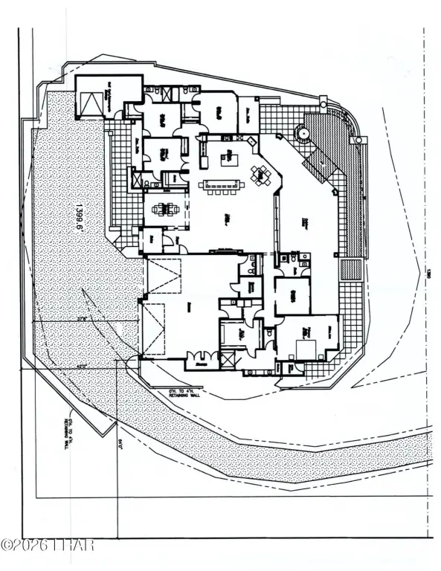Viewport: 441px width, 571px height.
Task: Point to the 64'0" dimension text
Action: pyautogui.click(x=119, y=445)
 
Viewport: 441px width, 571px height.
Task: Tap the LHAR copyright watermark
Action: pyautogui.click(x=48, y=545)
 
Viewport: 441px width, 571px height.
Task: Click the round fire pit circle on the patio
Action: pyautogui.click(x=303, y=135)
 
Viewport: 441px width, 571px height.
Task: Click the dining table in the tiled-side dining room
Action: pyautogui.click(x=164, y=208)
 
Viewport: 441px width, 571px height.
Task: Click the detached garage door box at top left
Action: pyautogui.click(x=89, y=103)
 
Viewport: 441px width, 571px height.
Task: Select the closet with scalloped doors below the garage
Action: pyautogui.click(x=199, y=361)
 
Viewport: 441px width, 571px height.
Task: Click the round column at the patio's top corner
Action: pyautogui.click(x=323, y=100)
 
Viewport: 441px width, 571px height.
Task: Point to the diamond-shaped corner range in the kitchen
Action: pyautogui.click(x=251, y=141)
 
